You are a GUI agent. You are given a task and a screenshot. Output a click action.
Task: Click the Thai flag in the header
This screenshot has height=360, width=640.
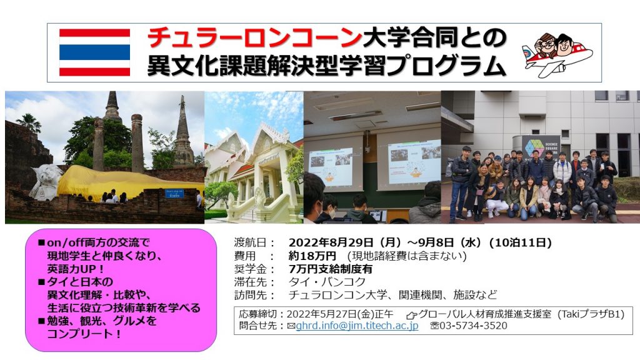pyautogui.click(x=95, y=52)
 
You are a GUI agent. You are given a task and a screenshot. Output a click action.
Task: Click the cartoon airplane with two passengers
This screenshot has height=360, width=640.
pyautogui.click(x=557, y=54)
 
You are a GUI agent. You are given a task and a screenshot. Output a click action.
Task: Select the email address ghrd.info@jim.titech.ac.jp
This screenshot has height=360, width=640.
pyautogui.click(x=357, y=326)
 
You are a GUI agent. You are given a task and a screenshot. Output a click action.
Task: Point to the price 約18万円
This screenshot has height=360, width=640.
pyautogui.click(x=312, y=256)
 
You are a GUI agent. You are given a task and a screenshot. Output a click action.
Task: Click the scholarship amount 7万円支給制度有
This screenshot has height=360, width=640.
pyautogui.click(x=330, y=269)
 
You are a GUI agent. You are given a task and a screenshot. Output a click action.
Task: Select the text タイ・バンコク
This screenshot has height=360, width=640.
pyautogui.click(x=327, y=282)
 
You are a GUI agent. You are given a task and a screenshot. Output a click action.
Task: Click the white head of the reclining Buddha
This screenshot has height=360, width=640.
pyautogui.click(x=46, y=182)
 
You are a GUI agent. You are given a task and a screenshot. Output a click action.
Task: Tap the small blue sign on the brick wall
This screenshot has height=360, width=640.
pyautogui.click(x=174, y=194)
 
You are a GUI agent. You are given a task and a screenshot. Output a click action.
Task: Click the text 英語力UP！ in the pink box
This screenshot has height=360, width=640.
pyautogui.click(x=76, y=269)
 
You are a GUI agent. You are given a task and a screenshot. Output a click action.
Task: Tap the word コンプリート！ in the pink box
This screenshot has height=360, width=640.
pyautogui.click(x=84, y=334)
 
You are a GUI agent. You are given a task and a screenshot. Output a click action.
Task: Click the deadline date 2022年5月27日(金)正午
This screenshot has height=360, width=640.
pyautogui.click(x=340, y=314)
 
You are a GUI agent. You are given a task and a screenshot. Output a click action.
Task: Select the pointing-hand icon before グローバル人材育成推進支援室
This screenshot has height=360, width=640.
pyautogui.click(x=411, y=315)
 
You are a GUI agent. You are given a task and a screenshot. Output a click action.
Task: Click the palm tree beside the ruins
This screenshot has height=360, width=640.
pyautogui.click(x=29, y=122)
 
